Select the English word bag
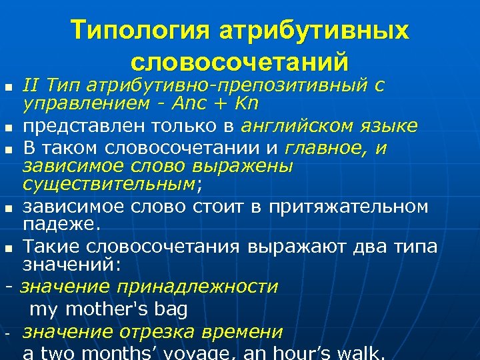pos(171,309)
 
